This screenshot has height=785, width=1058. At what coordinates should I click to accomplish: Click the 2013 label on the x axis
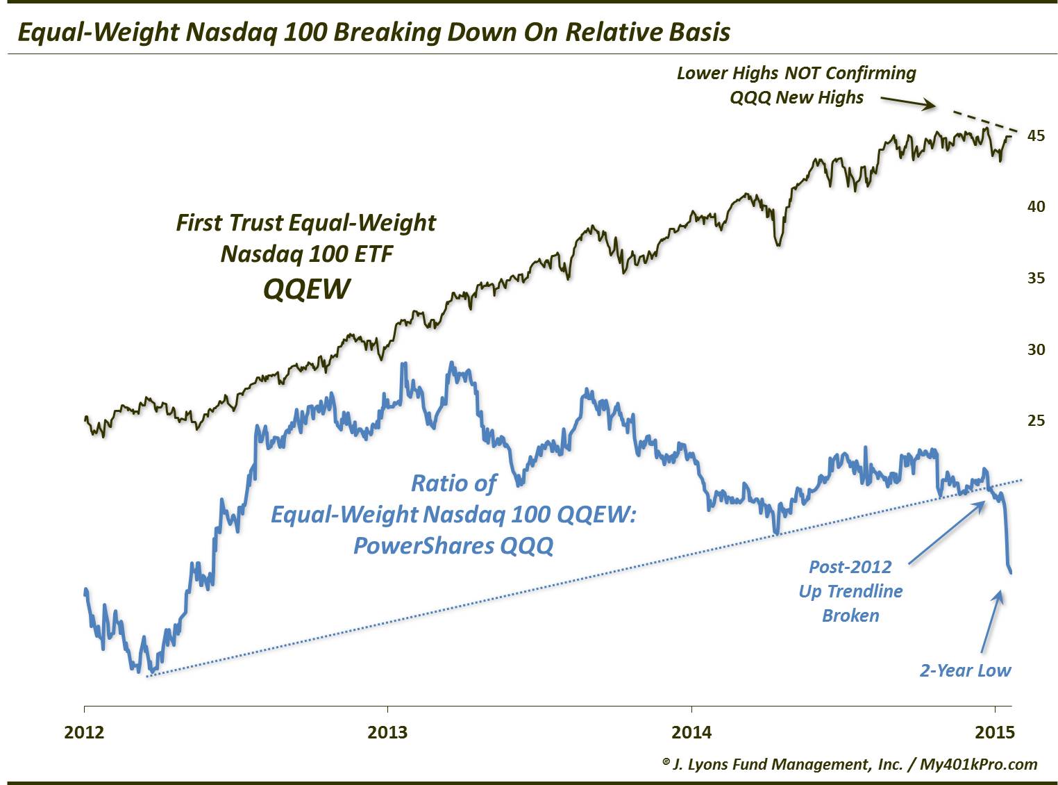coord(387,732)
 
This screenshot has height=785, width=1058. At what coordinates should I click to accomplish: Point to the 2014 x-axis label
coord(691,732)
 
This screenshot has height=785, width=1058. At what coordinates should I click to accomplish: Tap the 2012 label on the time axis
coord(84,732)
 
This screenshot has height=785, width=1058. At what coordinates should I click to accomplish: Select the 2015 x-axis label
coord(995,732)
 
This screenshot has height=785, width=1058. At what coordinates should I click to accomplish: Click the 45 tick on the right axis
coord(1036,135)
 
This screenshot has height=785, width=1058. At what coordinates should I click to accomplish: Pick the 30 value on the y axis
coord(1036,349)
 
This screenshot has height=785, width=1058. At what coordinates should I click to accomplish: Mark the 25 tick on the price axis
coord(1036,420)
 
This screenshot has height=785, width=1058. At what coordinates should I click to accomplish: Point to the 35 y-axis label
coord(1036,278)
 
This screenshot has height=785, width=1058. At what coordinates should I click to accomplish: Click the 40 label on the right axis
coord(1036,206)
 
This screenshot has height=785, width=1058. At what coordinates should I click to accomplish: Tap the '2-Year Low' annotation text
coord(965,670)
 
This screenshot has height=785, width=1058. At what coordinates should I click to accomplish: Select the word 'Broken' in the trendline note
coord(850,615)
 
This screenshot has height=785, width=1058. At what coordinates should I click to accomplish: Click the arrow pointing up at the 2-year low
coord(991,621)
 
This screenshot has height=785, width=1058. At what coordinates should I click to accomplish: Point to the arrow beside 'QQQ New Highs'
coord(908,103)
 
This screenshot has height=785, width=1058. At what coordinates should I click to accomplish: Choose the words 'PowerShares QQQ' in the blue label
coord(453,545)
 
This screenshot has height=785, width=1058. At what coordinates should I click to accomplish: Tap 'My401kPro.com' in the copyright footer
coord(978,764)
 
